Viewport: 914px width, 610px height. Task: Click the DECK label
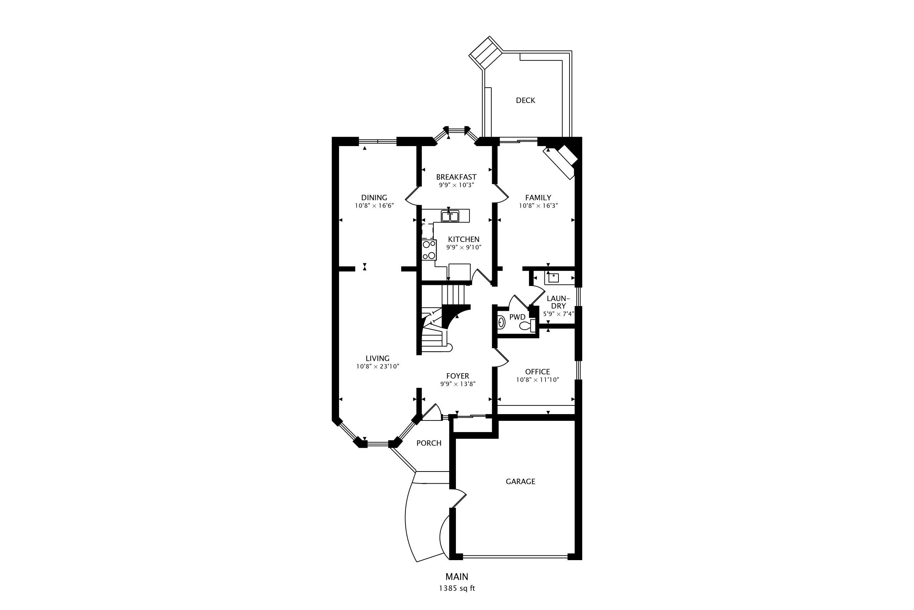click(525, 100)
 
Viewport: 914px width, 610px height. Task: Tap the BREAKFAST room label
click(456, 177)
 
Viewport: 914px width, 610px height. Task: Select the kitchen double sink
click(450, 216)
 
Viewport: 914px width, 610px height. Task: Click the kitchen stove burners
click(429, 250)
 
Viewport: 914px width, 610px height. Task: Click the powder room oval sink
click(501, 323)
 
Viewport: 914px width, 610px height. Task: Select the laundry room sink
click(553, 277)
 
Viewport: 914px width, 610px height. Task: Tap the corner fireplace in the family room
click(562, 160)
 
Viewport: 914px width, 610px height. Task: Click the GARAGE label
click(520, 482)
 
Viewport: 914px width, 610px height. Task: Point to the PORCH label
click(429, 443)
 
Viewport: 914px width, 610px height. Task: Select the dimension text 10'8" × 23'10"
click(378, 366)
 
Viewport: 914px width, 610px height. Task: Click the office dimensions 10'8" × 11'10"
click(537, 380)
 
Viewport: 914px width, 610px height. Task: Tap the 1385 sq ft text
click(457, 588)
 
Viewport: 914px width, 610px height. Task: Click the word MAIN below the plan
click(457, 577)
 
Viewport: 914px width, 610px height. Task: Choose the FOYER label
click(458, 376)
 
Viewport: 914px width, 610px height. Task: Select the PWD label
click(517, 317)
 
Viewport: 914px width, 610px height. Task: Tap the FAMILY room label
click(538, 198)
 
